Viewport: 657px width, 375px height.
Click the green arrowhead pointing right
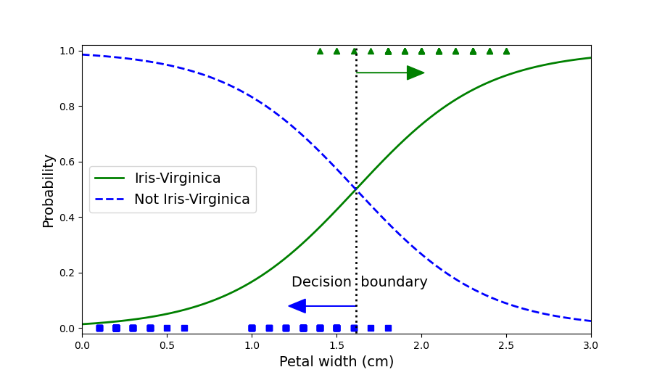pyautogui.click(x=415, y=73)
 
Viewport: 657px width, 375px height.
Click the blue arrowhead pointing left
pyautogui.click(x=297, y=306)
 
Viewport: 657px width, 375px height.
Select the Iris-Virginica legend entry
pyautogui.click(x=177, y=178)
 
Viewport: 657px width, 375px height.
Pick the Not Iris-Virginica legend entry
pyautogui.click(x=191, y=199)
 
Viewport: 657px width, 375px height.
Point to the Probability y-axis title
pyautogui.click(x=49, y=191)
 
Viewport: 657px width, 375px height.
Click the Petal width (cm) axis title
pyautogui.click(x=336, y=361)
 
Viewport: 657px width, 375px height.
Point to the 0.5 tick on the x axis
pyautogui.click(x=167, y=346)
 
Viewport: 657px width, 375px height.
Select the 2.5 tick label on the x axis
pyautogui.click(x=506, y=346)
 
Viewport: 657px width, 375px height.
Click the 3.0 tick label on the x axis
pyautogui.click(x=591, y=346)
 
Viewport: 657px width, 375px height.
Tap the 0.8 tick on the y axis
pyautogui.click(x=67, y=107)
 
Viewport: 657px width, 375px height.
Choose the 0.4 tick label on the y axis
pyautogui.click(x=67, y=218)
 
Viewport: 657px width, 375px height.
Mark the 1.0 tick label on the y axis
pyautogui.click(x=67, y=51)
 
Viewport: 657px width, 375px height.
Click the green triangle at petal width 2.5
pyautogui.click(x=506, y=51)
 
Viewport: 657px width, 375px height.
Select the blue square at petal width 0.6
pyautogui.click(x=184, y=328)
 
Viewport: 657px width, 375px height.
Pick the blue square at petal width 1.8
pyautogui.click(x=388, y=328)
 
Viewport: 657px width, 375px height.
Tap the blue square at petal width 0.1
pyautogui.click(x=99, y=328)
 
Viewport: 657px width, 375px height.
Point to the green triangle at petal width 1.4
pyautogui.click(x=320, y=51)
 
